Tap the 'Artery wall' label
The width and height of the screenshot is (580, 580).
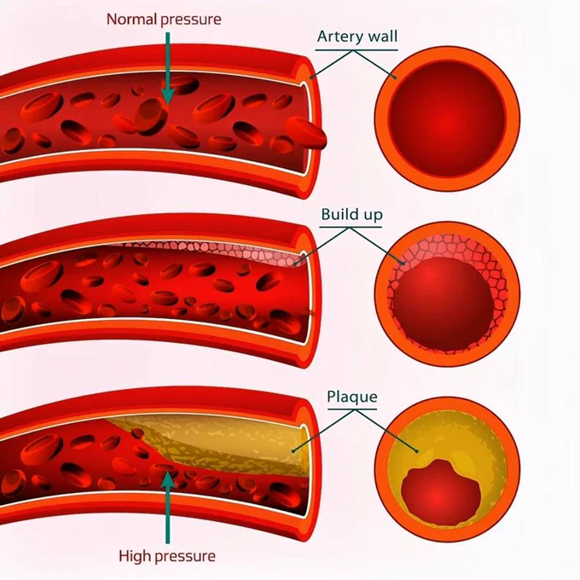coord(357,37)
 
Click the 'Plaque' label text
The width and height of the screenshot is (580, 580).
coord(352,397)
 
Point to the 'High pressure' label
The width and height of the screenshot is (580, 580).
coord(166,557)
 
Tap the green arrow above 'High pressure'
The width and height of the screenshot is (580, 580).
coord(168,503)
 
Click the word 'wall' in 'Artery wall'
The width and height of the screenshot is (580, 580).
coord(381,37)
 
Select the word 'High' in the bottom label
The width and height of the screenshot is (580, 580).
coord(135,557)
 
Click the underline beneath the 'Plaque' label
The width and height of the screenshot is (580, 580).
coord(352,410)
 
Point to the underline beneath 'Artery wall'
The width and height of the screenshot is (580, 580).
coord(357,50)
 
